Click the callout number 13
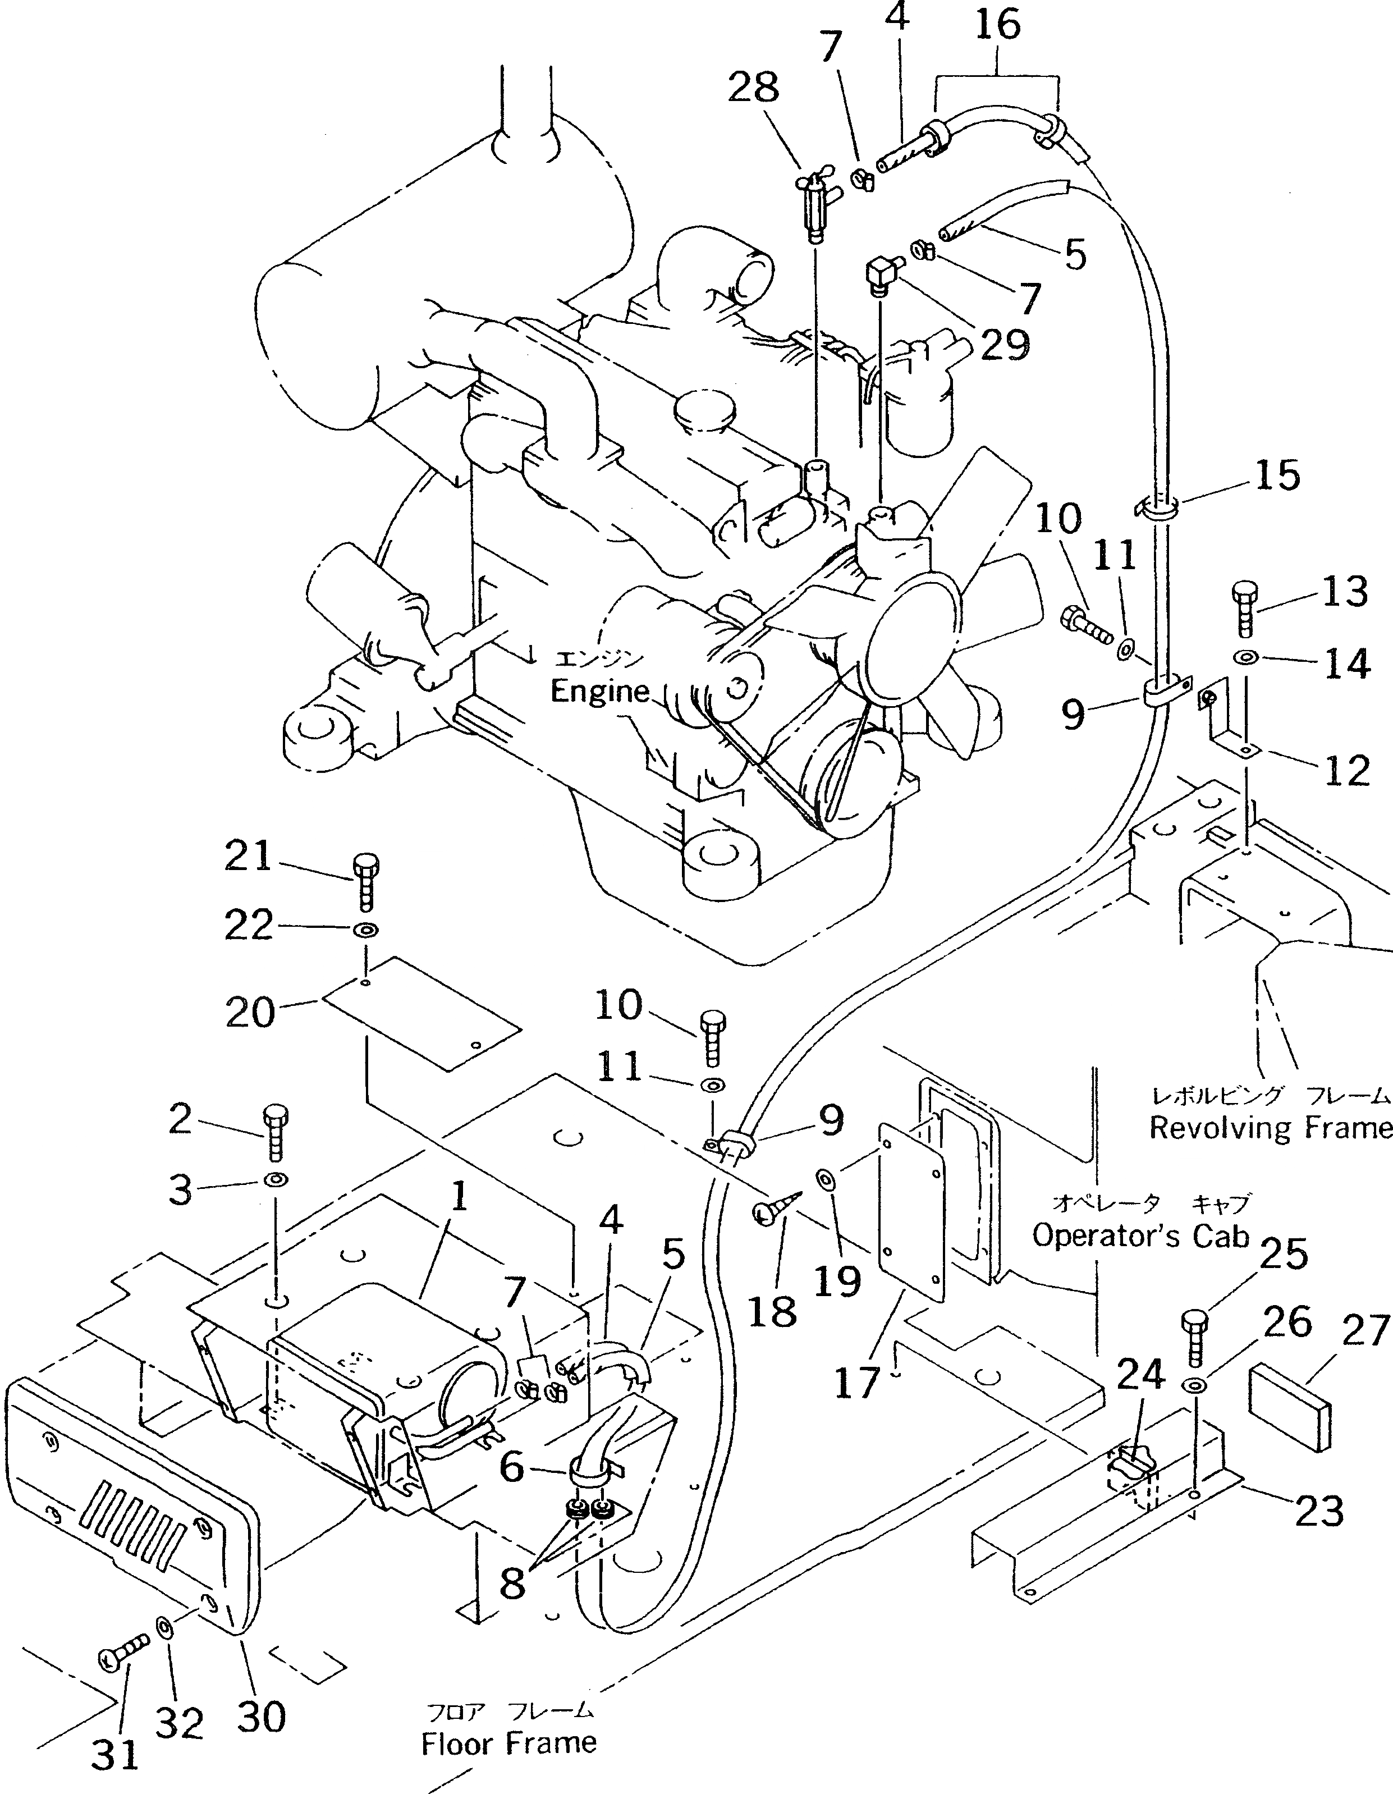(1345, 592)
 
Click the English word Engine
(599, 691)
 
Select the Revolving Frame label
(1270, 1128)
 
